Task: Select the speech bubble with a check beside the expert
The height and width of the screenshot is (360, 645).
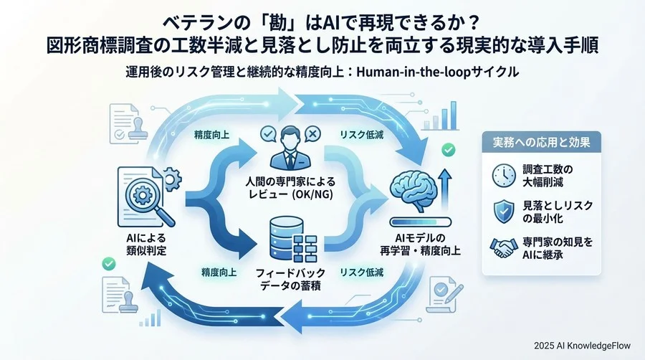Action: pos(268,133)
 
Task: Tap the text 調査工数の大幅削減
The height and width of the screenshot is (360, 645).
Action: pos(547,174)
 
